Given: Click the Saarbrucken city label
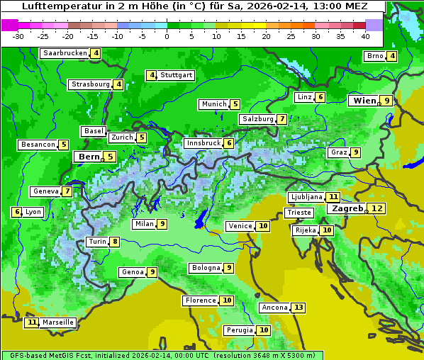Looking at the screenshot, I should (x=65, y=53).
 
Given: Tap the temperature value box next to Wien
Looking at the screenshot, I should (x=386, y=101).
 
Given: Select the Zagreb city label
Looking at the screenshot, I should (x=347, y=208).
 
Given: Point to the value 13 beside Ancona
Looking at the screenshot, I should (x=299, y=308).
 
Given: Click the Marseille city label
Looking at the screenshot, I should (x=58, y=322).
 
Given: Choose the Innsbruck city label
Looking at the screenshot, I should (x=203, y=143).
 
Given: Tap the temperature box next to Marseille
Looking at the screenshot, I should (x=31, y=322).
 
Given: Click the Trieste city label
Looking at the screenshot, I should (x=299, y=213).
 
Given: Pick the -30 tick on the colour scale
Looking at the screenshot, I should (x=18, y=36).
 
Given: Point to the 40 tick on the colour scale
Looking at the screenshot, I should (x=365, y=36).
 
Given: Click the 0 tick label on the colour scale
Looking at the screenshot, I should (x=167, y=36).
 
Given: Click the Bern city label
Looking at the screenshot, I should (x=89, y=157).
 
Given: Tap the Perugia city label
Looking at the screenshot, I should (x=239, y=330).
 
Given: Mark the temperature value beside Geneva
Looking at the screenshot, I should (x=67, y=191).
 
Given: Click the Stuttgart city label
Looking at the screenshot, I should (x=177, y=75).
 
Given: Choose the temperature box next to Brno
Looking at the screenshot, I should (x=392, y=57).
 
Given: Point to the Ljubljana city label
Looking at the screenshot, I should (x=306, y=197).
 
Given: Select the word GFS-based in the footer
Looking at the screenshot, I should (x=23, y=355).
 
